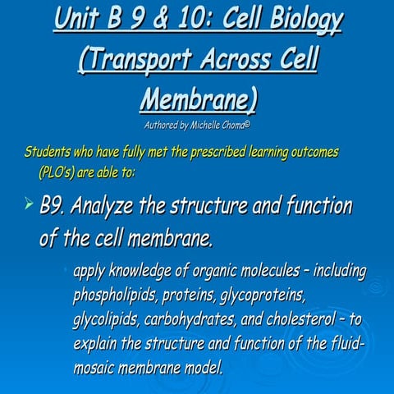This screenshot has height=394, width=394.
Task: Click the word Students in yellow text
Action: pyautogui.click(x=51, y=153)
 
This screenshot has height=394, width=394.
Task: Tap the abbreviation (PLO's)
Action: pyautogui.click(x=59, y=172)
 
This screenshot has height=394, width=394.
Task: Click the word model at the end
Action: pyautogui.click(x=201, y=367)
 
